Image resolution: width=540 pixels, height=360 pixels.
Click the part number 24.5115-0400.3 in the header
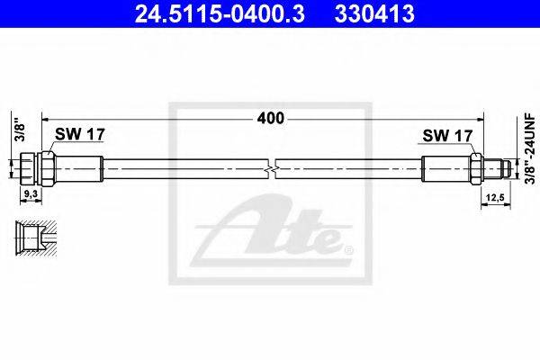(x=220, y=14)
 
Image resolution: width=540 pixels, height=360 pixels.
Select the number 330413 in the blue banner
(x=374, y=14)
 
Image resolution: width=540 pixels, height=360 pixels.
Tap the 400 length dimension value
(x=271, y=119)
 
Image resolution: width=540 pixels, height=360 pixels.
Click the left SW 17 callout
(x=79, y=134)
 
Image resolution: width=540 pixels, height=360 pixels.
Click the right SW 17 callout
(x=447, y=135)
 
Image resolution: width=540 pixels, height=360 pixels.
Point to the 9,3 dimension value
(x=31, y=194)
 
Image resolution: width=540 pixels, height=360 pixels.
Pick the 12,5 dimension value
(x=496, y=198)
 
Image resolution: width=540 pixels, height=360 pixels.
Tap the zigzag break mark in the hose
(x=272, y=169)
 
